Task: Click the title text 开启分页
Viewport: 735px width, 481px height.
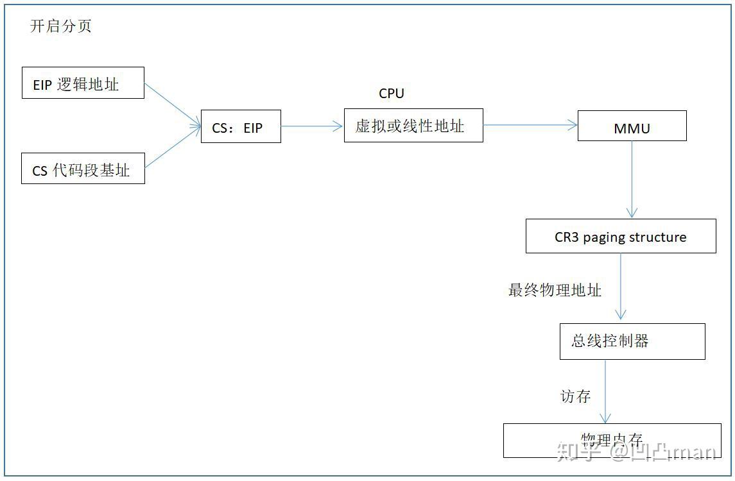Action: (x=61, y=26)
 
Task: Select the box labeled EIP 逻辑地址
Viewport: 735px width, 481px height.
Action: (x=82, y=83)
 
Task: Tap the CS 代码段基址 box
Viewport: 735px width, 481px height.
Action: (x=82, y=169)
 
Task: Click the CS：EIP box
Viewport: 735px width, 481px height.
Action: (x=240, y=126)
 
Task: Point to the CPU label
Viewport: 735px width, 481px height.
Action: (x=392, y=94)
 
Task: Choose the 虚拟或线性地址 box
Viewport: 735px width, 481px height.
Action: (x=413, y=126)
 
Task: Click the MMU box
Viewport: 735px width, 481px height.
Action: (x=632, y=126)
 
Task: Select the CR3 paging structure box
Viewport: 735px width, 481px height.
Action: (x=620, y=237)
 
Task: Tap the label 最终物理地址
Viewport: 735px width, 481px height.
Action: (x=555, y=291)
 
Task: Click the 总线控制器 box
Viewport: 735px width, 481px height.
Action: (x=632, y=341)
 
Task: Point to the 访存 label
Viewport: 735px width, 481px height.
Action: (x=575, y=397)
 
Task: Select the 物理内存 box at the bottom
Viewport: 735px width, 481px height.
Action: (x=611, y=440)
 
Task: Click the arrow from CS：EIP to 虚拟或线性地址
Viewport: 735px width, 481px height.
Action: (x=312, y=126)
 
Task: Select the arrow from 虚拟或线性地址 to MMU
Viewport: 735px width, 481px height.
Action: (x=530, y=126)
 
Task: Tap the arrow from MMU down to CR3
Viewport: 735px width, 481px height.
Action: (x=632, y=180)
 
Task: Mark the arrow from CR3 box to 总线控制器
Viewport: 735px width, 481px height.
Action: (x=620, y=287)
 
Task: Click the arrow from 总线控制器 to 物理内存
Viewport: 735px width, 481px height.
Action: (x=605, y=391)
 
